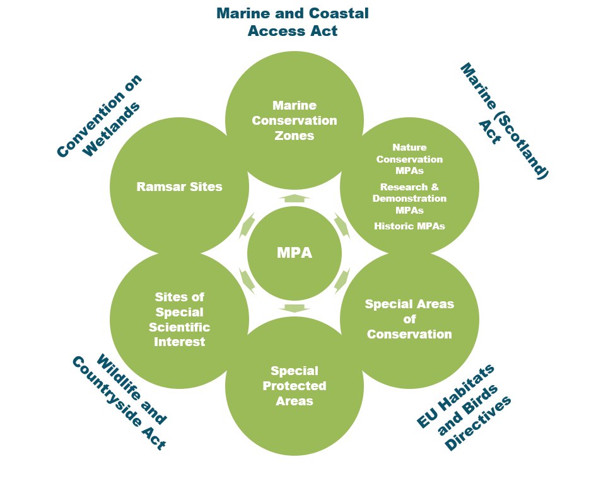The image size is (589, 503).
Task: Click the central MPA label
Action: click(294, 253)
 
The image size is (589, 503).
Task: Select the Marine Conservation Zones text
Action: click(294, 120)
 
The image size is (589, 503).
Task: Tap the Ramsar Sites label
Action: click(179, 187)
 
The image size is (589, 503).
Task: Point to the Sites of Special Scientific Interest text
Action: click(179, 320)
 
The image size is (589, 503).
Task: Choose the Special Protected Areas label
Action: click(294, 386)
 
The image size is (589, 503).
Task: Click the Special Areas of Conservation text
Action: click(409, 319)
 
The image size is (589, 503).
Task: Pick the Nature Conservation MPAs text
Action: click(409, 159)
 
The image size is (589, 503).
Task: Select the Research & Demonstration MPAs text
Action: click(409, 199)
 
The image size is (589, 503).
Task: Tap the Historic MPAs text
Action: click(409, 226)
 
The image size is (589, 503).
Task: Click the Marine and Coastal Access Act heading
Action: click(293, 22)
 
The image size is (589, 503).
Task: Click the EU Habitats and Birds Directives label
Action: click(465, 407)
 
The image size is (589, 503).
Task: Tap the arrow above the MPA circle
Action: click(294, 198)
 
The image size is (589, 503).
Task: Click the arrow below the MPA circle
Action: click(294, 308)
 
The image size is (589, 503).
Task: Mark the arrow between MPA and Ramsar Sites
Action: click(247, 226)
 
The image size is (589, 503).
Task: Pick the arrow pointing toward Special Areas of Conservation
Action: click(342, 280)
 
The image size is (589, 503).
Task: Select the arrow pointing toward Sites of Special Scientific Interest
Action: click(247, 280)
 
